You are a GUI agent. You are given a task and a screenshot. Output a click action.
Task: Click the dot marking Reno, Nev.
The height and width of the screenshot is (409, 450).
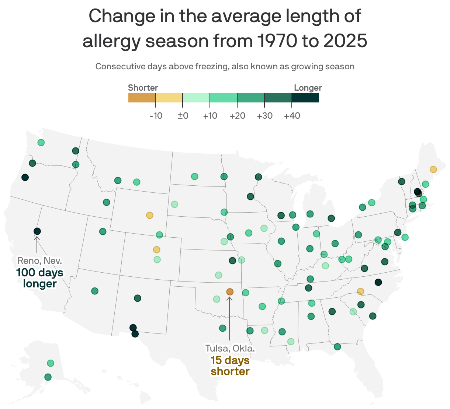(37, 231)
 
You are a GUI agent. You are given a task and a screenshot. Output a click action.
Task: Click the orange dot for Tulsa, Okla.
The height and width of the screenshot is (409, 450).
(230, 292)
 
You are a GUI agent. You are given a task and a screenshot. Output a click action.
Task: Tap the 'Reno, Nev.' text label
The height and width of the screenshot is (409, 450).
(40, 261)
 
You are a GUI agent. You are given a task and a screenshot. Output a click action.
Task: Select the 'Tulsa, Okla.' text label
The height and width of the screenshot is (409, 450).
(230, 348)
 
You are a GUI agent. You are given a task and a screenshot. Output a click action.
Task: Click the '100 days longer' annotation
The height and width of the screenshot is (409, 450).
(40, 278)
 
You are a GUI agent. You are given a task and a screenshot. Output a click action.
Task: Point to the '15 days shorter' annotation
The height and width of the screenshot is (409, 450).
(230, 366)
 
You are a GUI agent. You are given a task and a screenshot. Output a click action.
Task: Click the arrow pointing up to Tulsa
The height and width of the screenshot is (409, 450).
(229, 317)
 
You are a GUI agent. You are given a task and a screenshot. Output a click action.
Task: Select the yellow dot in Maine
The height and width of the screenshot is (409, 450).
(433, 169)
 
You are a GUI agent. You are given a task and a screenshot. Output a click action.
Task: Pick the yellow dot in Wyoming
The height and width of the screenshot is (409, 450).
(149, 215)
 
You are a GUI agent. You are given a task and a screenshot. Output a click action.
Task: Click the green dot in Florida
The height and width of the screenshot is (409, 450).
(337, 346)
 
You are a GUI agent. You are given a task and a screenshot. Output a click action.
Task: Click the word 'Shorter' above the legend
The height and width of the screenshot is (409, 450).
(143, 88)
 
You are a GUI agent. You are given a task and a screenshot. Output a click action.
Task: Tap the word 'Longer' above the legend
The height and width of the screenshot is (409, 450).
(308, 88)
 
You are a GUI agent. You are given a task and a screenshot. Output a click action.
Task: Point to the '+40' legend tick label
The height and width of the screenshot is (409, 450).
(292, 116)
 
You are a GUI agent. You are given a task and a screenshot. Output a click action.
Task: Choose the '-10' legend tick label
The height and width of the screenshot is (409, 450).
(156, 116)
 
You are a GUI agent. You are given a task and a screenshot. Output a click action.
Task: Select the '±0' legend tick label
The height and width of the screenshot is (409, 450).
(183, 116)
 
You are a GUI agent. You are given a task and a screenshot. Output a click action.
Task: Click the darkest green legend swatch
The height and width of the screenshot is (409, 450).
(305, 98)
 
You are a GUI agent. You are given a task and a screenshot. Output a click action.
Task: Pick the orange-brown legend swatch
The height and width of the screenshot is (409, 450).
(142, 98)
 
